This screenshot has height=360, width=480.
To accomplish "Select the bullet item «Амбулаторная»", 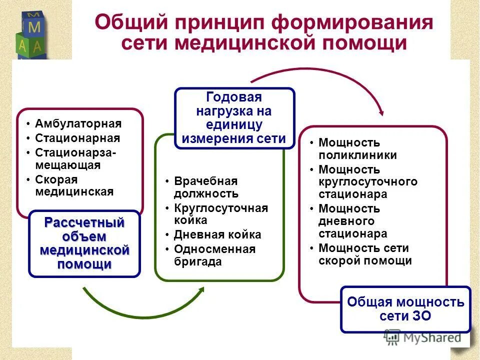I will [x=78, y=123].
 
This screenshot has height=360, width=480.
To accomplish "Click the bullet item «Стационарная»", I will [x=77, y=138].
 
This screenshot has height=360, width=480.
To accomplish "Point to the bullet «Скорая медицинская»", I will [x=74, y=185].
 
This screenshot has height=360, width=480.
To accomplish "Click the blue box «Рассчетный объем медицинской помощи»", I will [x=84, y=243].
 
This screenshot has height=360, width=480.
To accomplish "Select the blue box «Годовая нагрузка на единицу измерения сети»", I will [x=234, y=118].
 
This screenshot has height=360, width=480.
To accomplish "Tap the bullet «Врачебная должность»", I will [x=206, y=187].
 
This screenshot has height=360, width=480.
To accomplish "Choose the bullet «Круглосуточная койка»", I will [x=220, y=214].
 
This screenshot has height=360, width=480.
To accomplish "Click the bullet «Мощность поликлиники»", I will [x=357, y=149].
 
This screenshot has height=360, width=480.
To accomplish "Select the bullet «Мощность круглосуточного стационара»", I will [x=367, y=182].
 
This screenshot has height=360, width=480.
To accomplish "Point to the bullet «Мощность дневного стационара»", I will [x=352, y=221].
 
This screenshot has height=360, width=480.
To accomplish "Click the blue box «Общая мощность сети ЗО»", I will [x=405, y=309].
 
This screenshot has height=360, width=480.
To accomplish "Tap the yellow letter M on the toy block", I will [x=34, y=25].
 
